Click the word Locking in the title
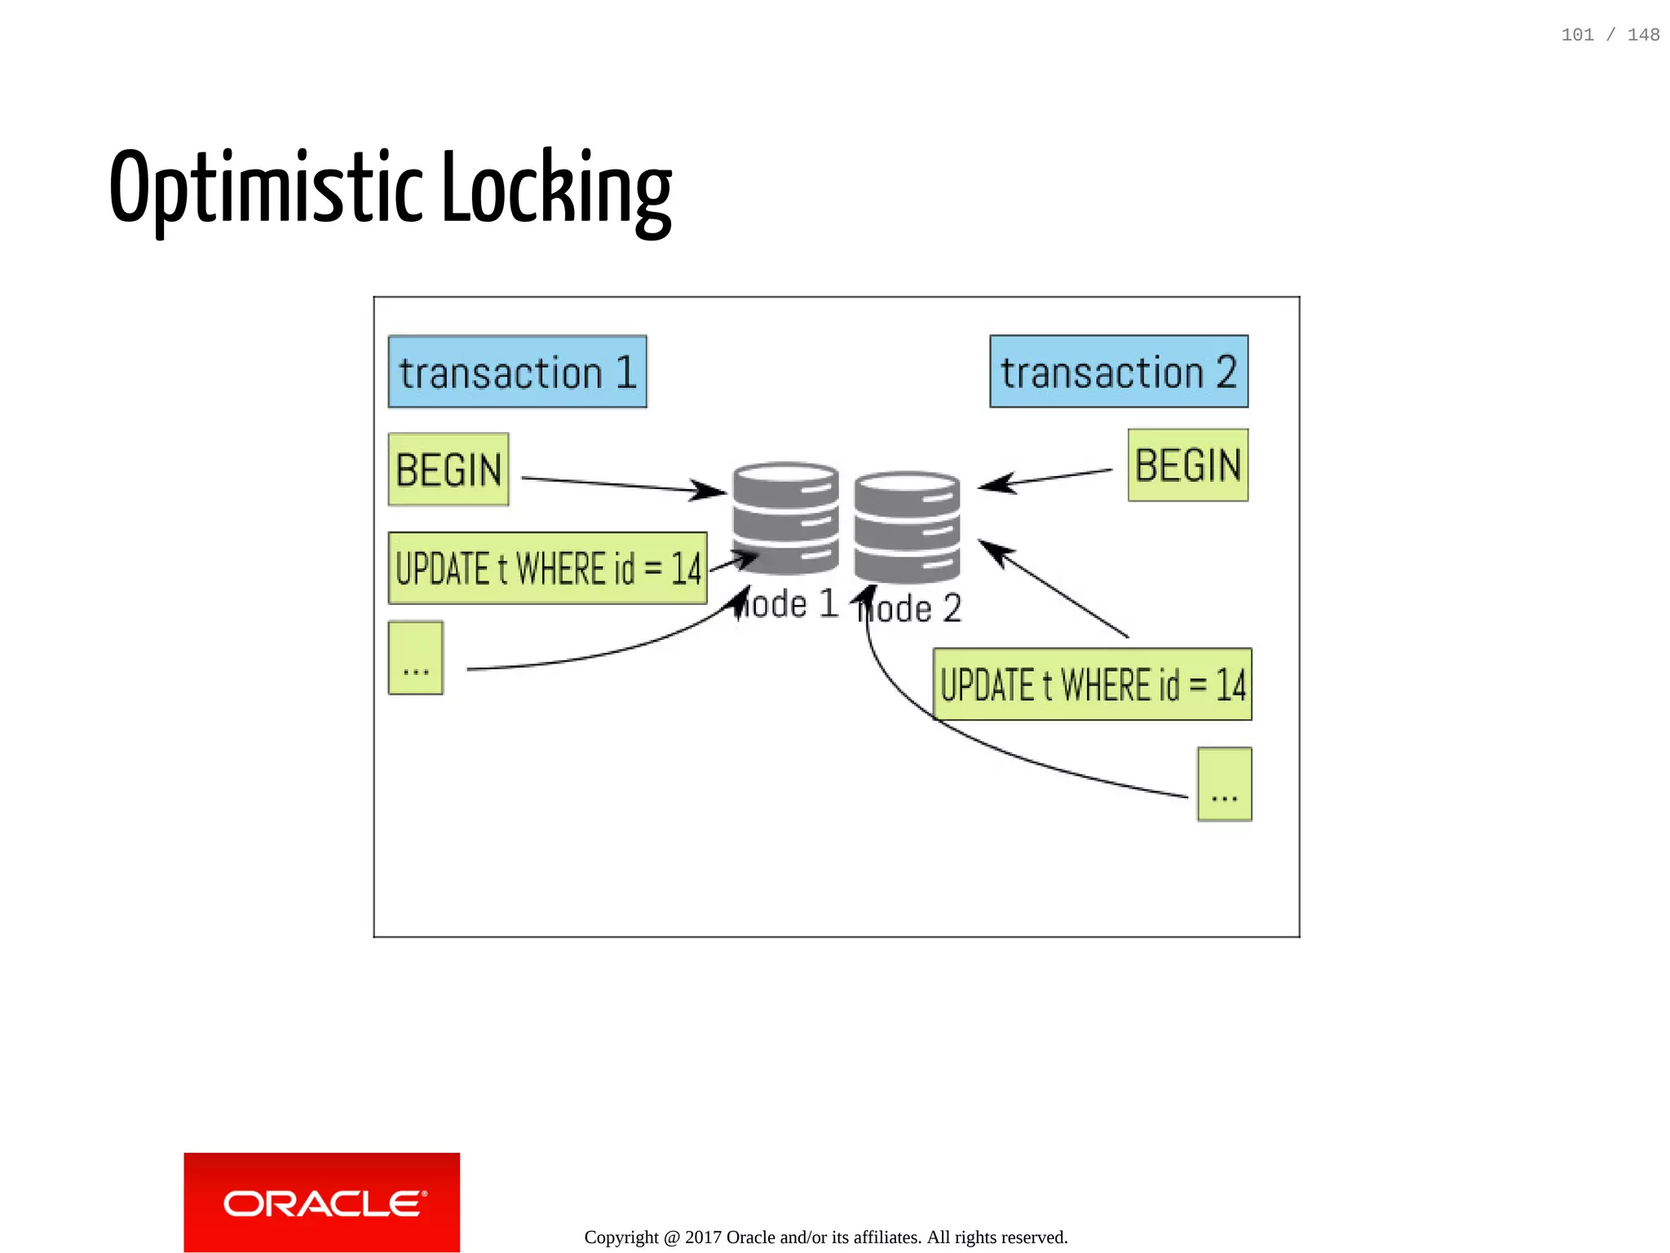click(557, 189)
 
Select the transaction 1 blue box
click(517, 372)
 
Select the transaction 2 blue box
click(1118, 372)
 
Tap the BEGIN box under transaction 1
click(448, 470)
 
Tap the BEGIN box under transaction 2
click(1187, 465)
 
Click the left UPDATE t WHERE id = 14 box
click(547, 568)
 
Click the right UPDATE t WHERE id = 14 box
click(1092, 684)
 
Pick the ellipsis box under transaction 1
click(415, 658)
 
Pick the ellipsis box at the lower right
click(1224, 783)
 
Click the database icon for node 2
click(907, 526)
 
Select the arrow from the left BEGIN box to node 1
click(620, 485)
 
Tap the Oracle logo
click(321, 1202)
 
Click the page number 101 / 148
click(1610, 35)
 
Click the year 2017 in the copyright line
click(703, 1238)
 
